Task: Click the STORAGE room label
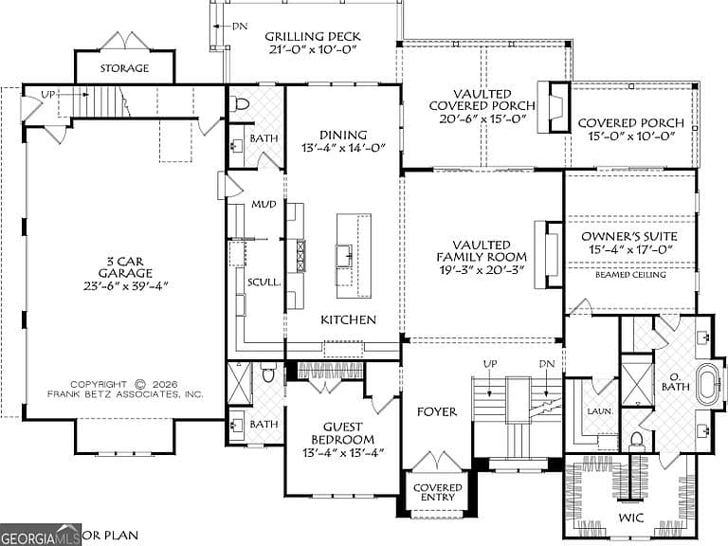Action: tap(124, 68)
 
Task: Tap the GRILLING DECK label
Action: tap(313, 36)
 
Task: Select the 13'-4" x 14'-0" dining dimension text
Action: tap(343, 148)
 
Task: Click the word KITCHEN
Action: tap(348, 319)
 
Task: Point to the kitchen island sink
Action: tap(344, 255)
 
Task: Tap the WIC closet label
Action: tap(631, 518)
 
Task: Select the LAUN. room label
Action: tap(600, 411)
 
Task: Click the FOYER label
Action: tap(436, 411)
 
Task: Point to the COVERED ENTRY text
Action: tap(437, 492)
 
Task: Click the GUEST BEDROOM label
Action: tap(342, 432)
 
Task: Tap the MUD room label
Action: tap(264, 205)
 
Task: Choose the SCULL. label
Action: tap(264, 282)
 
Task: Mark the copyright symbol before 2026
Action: tap(139, 385)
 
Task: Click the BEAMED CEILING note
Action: tap(630, 275)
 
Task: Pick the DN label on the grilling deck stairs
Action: tap(240, 26)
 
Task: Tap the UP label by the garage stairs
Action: tap(48, 95)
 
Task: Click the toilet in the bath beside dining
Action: tap(240, 104)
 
